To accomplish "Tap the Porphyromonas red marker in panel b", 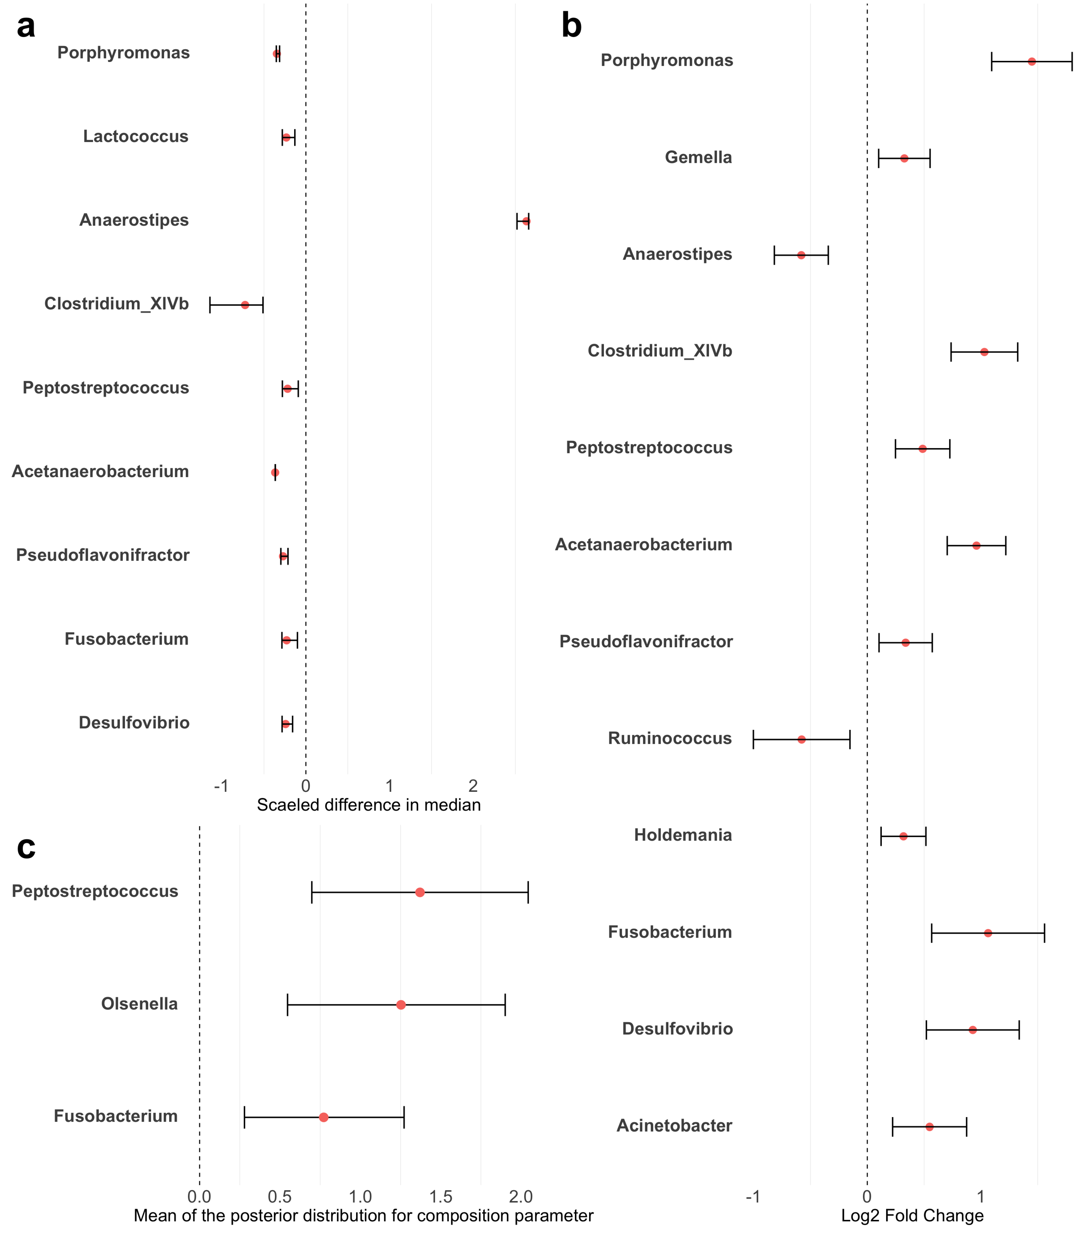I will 1032,62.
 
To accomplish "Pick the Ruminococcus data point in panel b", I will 801,740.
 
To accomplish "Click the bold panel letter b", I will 571,27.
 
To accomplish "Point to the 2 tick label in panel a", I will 473,786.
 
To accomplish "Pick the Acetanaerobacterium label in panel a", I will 100,471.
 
